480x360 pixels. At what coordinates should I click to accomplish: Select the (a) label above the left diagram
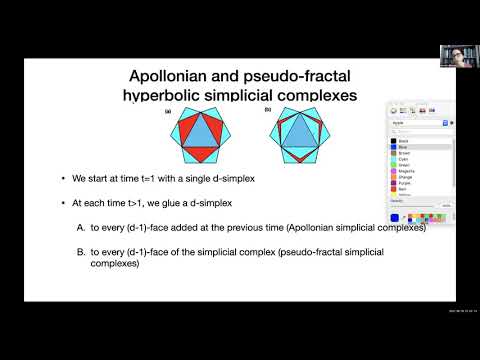click(x=167, y=111)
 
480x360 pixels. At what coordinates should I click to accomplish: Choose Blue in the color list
click(x=405, y=147)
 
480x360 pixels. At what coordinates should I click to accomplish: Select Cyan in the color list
click(x=405, y=158)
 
